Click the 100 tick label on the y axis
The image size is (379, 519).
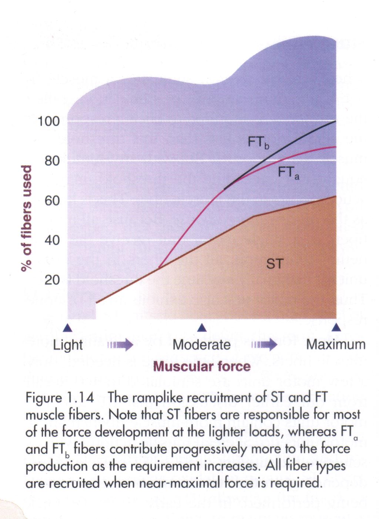[48, 121]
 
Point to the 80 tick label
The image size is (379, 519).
[52, 161]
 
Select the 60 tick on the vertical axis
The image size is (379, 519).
[52, 201]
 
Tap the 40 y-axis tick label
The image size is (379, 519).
[52, 241]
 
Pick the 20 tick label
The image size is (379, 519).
[52, 280]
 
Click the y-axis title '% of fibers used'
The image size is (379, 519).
[27, 218]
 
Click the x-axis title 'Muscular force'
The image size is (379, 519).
[202, 366]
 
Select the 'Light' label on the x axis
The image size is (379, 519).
[68, 345]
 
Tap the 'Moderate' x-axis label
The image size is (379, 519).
[202, 345]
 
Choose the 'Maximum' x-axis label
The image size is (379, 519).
[336, 345]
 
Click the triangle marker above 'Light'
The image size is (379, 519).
[67, 328]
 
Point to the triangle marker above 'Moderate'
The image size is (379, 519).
[202, 328]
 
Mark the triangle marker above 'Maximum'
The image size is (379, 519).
[336, 328]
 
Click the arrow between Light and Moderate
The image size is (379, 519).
[120, 345]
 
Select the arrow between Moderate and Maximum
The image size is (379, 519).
[264, 345]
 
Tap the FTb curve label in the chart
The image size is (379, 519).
[258, 142]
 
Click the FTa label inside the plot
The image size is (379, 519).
[288, 173]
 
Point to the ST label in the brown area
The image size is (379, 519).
[274, 264]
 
